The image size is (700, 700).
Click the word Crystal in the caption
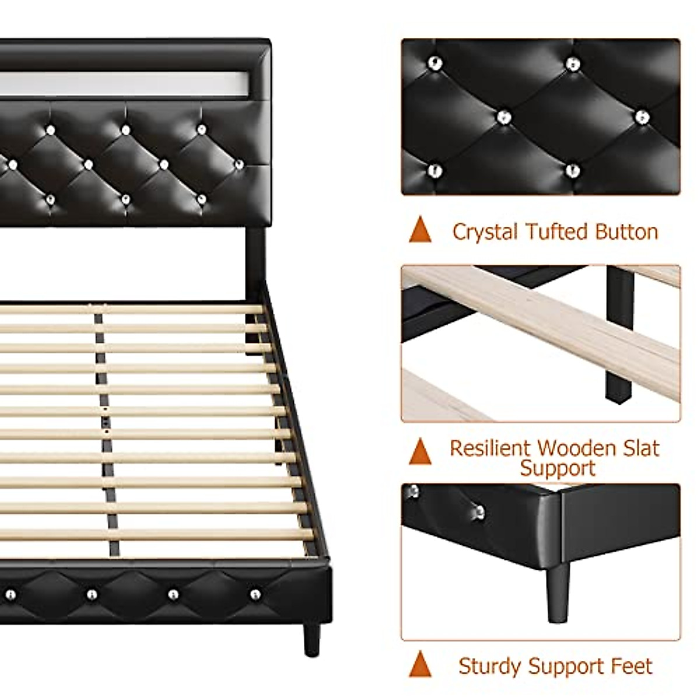tap(485, 232)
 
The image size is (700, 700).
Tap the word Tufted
tap(556, 232)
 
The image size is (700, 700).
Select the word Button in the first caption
tap(626, 232)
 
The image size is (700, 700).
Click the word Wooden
tap(576, 448)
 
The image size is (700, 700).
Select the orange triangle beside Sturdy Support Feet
tap(420, 664)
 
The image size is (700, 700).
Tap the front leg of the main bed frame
tap(311, 638)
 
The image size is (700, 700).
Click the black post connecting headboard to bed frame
tap(255, 257)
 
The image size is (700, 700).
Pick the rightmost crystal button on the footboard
tap(255, 594)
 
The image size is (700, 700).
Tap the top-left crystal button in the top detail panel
tap(435, 63)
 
